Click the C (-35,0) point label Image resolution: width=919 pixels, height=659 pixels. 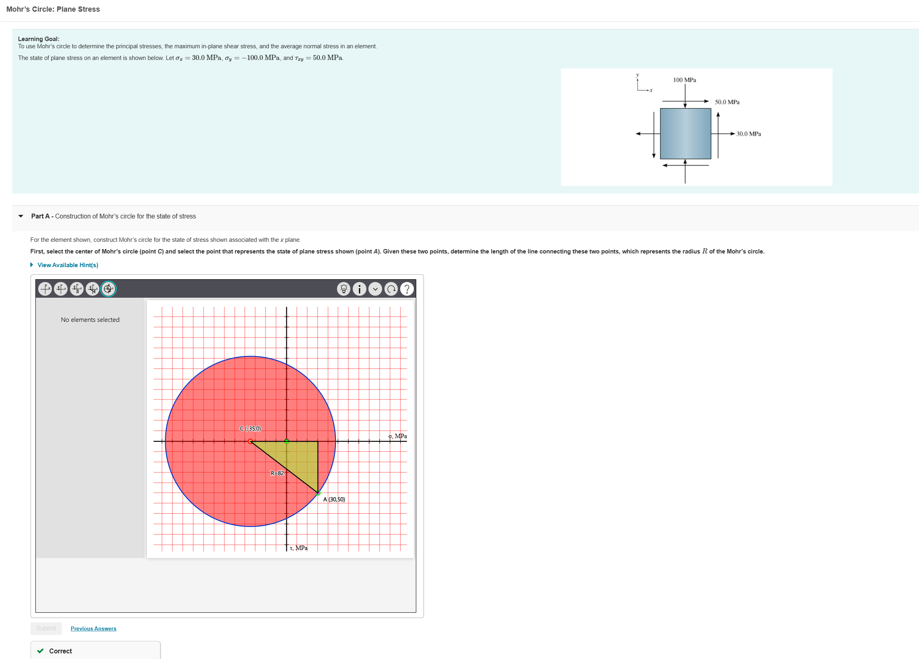(x=251, y=428)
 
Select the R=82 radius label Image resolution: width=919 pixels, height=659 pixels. (x=277, y=473)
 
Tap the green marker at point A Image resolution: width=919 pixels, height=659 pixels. (x=318, y=493)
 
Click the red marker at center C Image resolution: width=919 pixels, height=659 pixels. (x=251, y=441)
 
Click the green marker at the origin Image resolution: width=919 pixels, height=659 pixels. (x=286, y=441)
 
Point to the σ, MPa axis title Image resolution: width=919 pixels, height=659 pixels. (x=397, y=436)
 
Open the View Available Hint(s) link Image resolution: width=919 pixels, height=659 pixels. (x=68, y=265)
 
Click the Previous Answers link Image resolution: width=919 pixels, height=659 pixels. (x=93, y=628)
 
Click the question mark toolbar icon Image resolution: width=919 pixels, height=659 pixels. (x=407, y=289)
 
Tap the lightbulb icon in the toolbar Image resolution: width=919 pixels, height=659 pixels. (x=343, y=289)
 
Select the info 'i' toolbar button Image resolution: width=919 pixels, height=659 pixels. (x=360, y=289)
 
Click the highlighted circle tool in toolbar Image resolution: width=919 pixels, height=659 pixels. (x=108, y=289)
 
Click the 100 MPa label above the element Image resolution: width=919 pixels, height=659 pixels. (x=685, y=80)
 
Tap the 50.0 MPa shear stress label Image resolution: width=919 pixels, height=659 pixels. (x=727, y=102)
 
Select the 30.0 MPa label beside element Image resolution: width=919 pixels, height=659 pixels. (x=748, y=134)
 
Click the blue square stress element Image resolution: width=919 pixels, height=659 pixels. (x=685, y=134)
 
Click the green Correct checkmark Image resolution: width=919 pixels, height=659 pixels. (x=41, y=651)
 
